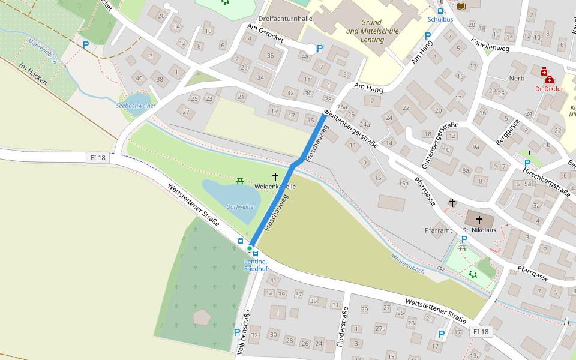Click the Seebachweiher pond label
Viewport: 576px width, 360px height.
[136, 106]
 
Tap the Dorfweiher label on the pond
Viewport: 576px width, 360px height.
[241, 206]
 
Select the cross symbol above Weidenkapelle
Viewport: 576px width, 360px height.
[275, 177]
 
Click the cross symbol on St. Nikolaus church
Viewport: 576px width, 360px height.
[479, 220]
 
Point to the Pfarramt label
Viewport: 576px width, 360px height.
[438, 230]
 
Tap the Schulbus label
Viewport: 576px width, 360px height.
[440, 19]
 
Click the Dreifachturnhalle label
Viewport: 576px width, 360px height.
[285, 19]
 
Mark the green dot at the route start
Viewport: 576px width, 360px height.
[250, 248]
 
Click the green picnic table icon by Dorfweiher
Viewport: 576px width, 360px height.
[240, 180]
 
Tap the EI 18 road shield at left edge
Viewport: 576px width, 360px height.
[97, 158]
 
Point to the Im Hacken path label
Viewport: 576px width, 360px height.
[32, 73]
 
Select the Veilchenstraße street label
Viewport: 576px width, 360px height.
[244, 333]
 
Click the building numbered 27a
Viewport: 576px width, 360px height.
[380, 329]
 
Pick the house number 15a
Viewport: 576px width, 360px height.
[404, 183]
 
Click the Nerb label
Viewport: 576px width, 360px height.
[517, 79]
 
